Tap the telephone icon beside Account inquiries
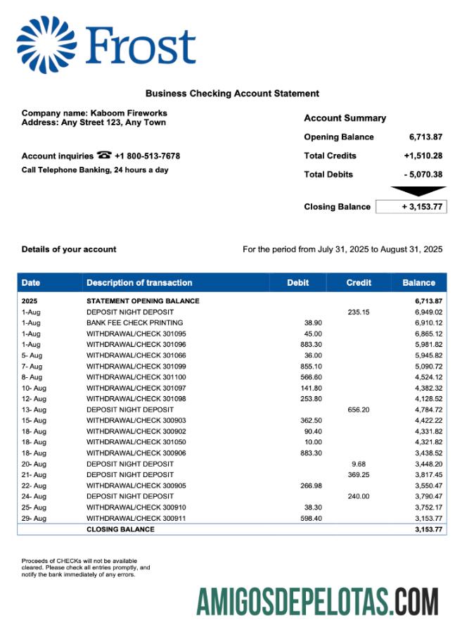coord(104,156)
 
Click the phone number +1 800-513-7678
coord(147,156)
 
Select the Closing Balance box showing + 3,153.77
coord(411,207)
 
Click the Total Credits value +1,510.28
coord(423,156)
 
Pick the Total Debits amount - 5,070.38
coord(423,175)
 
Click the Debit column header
coord(297,283)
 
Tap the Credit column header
coord(359,283)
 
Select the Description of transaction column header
coord(139,283)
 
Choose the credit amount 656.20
coord(359,410)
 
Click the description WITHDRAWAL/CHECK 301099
coord(136,366)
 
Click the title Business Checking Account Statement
coord(232,94)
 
